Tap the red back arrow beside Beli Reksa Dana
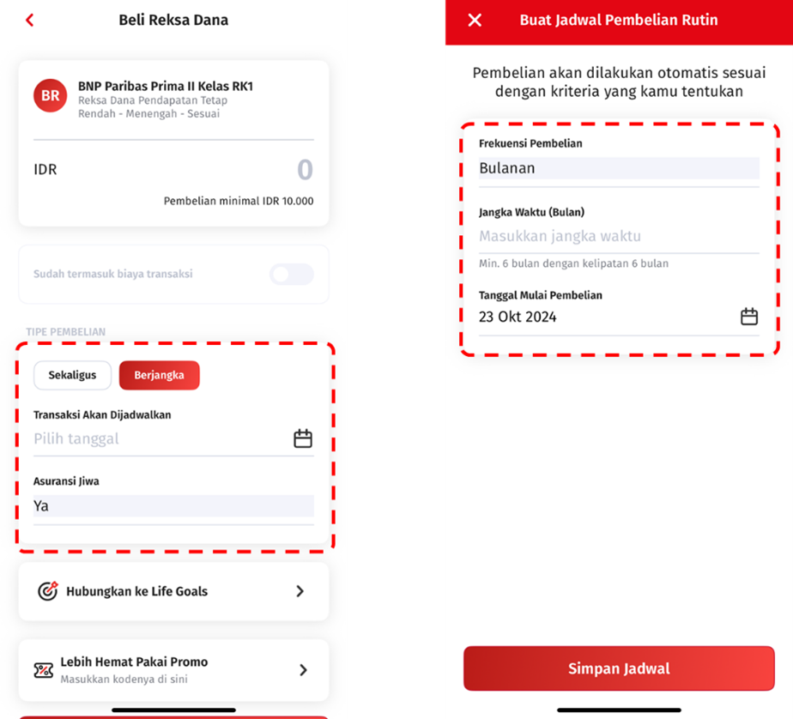(x=30, y=21)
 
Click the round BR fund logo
(x=50, y=95)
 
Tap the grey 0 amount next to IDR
(x=305, y=169)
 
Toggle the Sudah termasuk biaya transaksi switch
(x=291, y=274)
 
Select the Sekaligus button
(x=72, y=375)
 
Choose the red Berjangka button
(x=160, y=375)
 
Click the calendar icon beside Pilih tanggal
(x=303, y=438)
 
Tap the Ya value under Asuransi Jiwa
(x=41, y=505)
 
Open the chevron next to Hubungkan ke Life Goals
(x=300, y=591)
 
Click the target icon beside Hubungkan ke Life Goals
(x=48, y=590)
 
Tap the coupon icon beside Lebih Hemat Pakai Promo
(x=44, y=670)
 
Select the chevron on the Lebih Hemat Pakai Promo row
(x=303, y=670)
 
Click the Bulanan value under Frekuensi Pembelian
(x=506, y=168)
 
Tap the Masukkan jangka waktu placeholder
(x=560, y=236)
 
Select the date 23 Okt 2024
(x=518, y=317)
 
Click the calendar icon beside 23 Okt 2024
(x=749, y=317)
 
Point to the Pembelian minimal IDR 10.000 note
(x=239, y=202)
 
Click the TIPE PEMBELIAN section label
(x=66, y=332)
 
